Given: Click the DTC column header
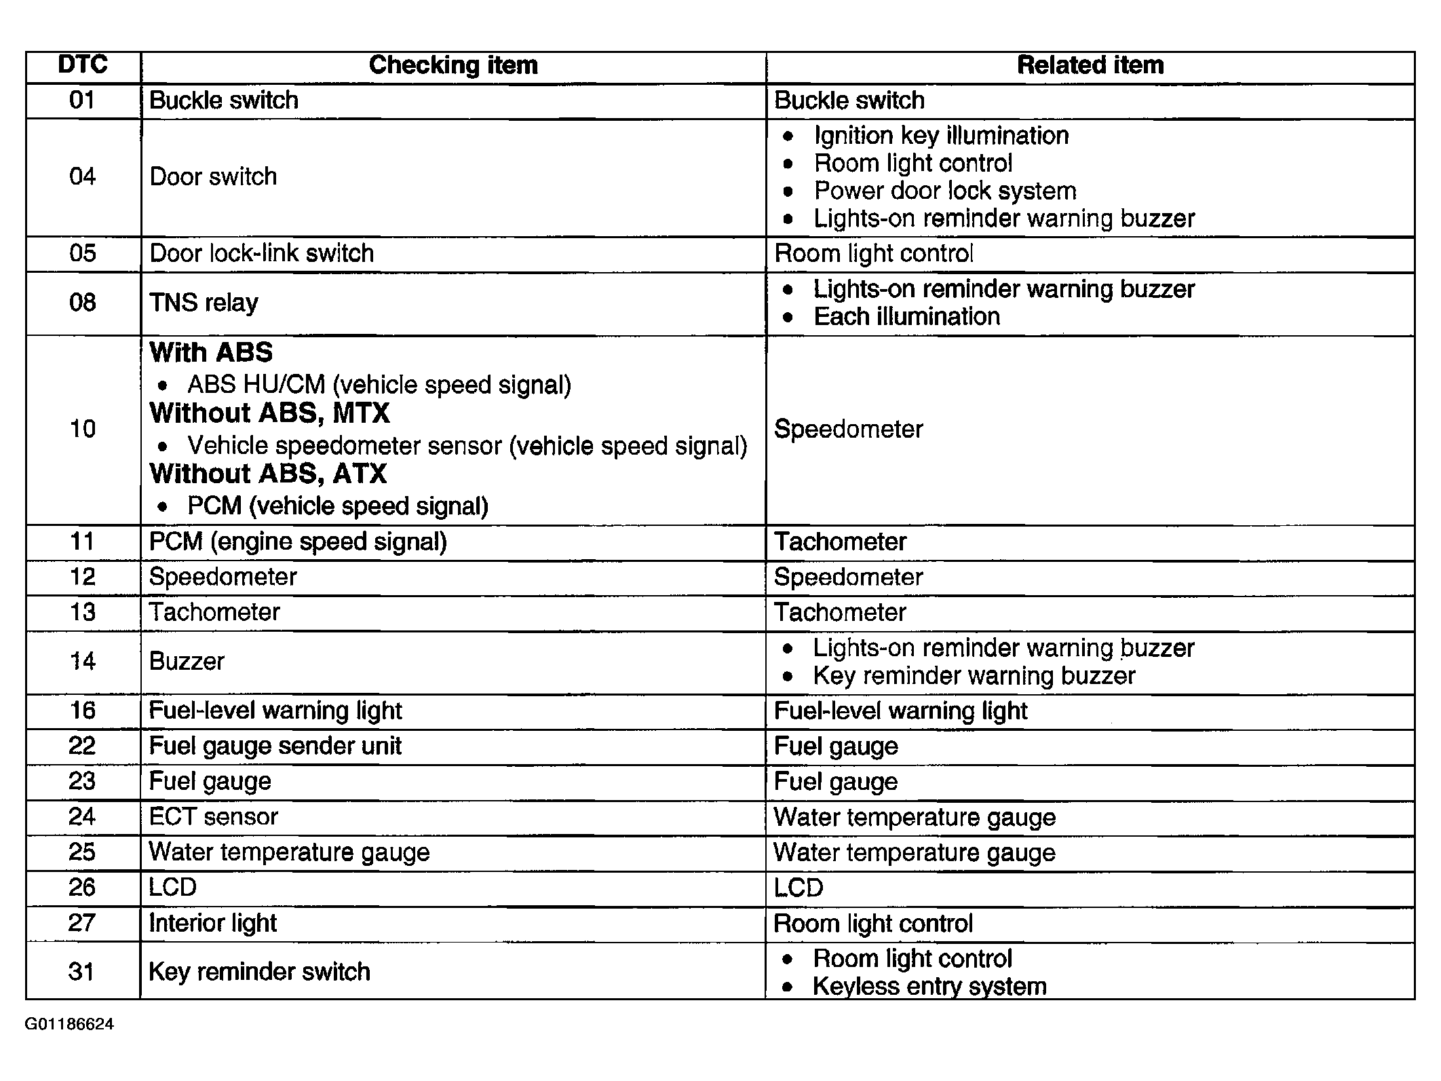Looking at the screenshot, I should [x=83, y=65].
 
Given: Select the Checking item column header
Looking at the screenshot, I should [x=453, y=65].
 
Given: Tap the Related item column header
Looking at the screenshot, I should [x=1090, y=65].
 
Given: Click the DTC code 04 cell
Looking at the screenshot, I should [x=83, y=177].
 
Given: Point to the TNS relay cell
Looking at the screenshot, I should [x=204, y=303].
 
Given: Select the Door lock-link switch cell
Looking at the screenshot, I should [x=261, y=254].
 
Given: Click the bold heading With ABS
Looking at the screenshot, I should [x=211, y=353].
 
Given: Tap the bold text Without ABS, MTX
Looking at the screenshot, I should [x=269, y=413].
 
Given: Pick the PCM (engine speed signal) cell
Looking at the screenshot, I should [x=298, y=542].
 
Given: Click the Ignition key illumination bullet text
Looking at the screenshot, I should [x=941, y=136].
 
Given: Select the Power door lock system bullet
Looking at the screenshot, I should [x=945, y=191].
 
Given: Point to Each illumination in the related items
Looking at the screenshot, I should [x=906, y=317].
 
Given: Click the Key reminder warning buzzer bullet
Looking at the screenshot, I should [x=974, y=676].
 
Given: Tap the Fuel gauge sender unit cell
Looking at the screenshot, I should [x=275, y=746].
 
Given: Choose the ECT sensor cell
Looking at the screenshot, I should [x=213, y=817].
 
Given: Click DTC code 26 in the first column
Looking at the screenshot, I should [x=82, y=888].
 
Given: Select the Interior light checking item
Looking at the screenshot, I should [x=212, y=924].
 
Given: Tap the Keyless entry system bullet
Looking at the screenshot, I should [x=929, y=987].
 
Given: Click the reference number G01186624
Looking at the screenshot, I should [x=69, y=1025].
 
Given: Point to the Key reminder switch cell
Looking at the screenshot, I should [x=259, y=972].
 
